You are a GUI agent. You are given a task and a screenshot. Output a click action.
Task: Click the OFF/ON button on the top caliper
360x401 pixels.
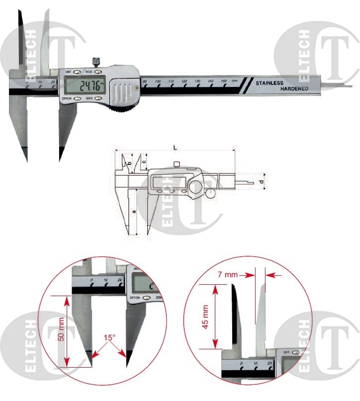click(x=67, y=98)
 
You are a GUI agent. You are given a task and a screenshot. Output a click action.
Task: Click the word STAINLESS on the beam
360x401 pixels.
click(x=270, y=83)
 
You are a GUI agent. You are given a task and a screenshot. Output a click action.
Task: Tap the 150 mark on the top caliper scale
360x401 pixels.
click(x=224, y=81)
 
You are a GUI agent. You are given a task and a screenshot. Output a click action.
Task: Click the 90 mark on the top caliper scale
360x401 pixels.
click(x=145, y=81)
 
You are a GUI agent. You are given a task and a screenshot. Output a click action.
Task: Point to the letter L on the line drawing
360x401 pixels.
click(x=175, y=148)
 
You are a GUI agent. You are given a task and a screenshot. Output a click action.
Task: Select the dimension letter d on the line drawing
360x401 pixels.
click(x=262, y=182)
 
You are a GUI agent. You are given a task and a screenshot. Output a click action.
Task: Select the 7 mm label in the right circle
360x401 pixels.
click(x=228, y=274)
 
